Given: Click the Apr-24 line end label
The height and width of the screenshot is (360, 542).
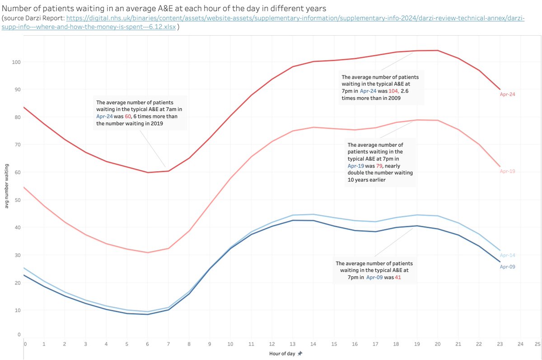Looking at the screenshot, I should pos(507,94).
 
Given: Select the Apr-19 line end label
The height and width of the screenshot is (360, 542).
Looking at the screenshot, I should pos(507,172).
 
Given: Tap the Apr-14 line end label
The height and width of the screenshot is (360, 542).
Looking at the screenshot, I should pos(507,255).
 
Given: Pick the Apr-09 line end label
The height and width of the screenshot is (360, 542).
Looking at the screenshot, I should pos(507,266).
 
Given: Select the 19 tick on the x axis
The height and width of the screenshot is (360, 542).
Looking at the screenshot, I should pos(417,344).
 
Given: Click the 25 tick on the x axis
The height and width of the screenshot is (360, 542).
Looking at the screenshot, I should pos(537,344).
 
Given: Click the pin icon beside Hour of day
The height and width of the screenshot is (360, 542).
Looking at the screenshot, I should pos(299,354).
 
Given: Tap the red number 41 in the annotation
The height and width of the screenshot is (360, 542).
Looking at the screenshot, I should pos(397,277).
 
